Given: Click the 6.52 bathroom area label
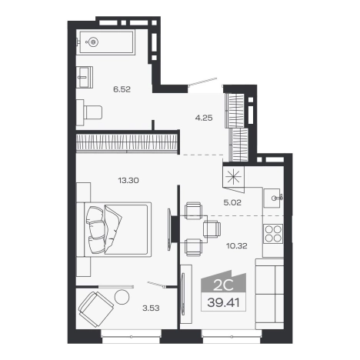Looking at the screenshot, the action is coord(122,89).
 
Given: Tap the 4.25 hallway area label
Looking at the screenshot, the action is coord(204,118).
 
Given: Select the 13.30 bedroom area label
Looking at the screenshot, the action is coord(128,180).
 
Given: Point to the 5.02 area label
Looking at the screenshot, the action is coord(232,202).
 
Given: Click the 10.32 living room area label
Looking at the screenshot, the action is coord(237,246).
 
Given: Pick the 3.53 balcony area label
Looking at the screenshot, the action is coord(151,308).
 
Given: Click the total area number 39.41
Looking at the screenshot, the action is coord(223,303).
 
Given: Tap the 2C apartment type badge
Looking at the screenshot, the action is coord(223,285).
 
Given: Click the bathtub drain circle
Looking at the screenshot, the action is coord(93,42).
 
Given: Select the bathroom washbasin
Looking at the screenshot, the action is coord(85,77).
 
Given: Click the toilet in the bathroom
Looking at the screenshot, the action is coord(89,112).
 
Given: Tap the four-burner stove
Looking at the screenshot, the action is coord(273,233).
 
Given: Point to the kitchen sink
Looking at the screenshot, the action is coord(273,198).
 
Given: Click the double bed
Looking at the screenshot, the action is coord(118,229).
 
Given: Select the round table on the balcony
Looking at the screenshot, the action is coord(122,297).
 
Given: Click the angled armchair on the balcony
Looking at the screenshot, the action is coord(95,309).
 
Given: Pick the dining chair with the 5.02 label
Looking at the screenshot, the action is coord(194,211).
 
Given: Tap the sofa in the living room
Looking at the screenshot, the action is coord(269,294).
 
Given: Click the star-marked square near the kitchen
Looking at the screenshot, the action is coord(233,178).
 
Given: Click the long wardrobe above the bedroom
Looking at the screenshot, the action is coord(127,142).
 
